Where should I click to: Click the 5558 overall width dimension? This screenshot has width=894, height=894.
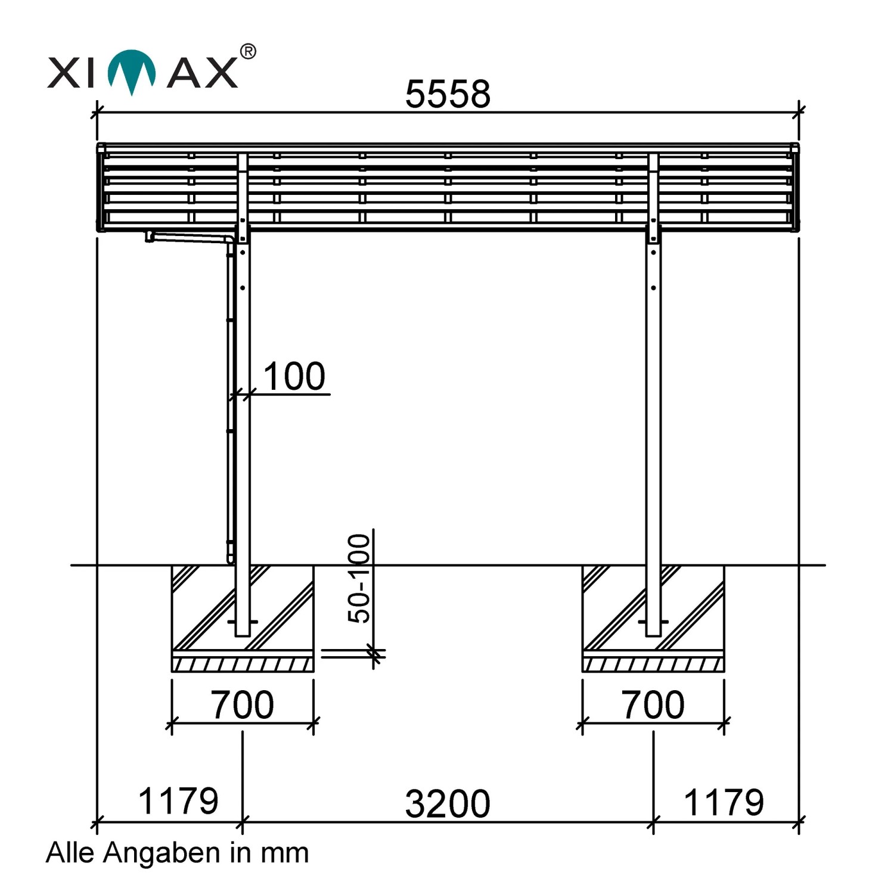pyautogui.click(x=448, y=94)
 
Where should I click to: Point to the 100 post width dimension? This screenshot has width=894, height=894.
pyautogui.click(x=294, y=376)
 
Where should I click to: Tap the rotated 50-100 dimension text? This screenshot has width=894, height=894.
pyautogui.click(x=359, y=578)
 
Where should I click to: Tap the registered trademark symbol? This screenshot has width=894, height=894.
pyautogui.click(x=248, y=52)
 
